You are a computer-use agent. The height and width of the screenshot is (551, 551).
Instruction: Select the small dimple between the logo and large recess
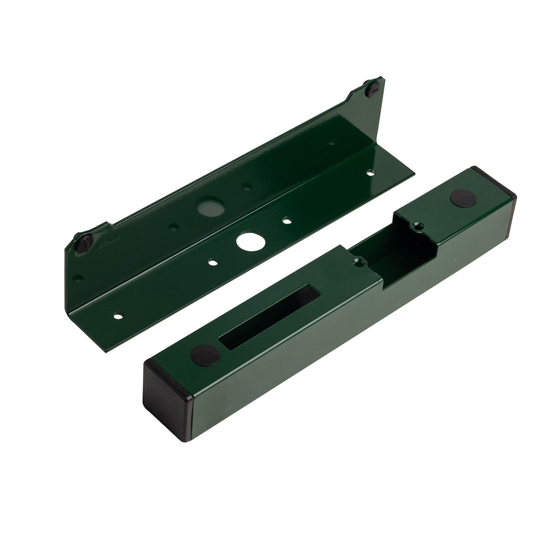coord(173,227)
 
